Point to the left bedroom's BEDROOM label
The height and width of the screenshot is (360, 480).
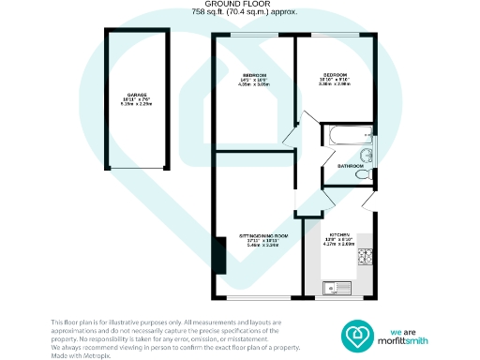[x=255, y=75]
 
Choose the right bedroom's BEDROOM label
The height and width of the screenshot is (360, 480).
[x=336, y=75]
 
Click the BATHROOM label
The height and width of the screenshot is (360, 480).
[x=351, y=165]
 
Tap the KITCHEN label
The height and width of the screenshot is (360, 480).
[x=339, y=234]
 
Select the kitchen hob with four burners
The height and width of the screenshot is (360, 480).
[x=369, y=254]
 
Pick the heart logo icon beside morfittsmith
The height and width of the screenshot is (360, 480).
[x=357, y=334]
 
